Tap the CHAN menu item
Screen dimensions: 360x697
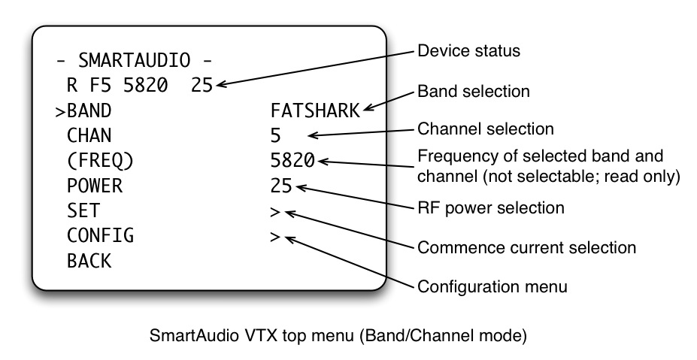pos(89,135)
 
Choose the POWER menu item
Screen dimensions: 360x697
pos(94,185)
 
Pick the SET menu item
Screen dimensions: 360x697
pos(83,210)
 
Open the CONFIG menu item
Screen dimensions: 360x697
pos(100,235)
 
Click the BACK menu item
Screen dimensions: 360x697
pos(89,261)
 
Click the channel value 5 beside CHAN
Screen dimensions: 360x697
pos(276,135)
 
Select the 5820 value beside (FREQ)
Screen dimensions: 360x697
pos(292,160)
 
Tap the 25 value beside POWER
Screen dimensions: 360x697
pos(281,185)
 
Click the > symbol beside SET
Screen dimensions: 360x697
pos(275,211)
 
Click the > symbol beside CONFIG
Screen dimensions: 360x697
pos(275,236)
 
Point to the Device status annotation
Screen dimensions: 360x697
pos(468,51)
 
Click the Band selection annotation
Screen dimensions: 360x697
pos(474,92)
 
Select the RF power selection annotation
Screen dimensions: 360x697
pos(490,207)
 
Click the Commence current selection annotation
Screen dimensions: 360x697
pos(526,247)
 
